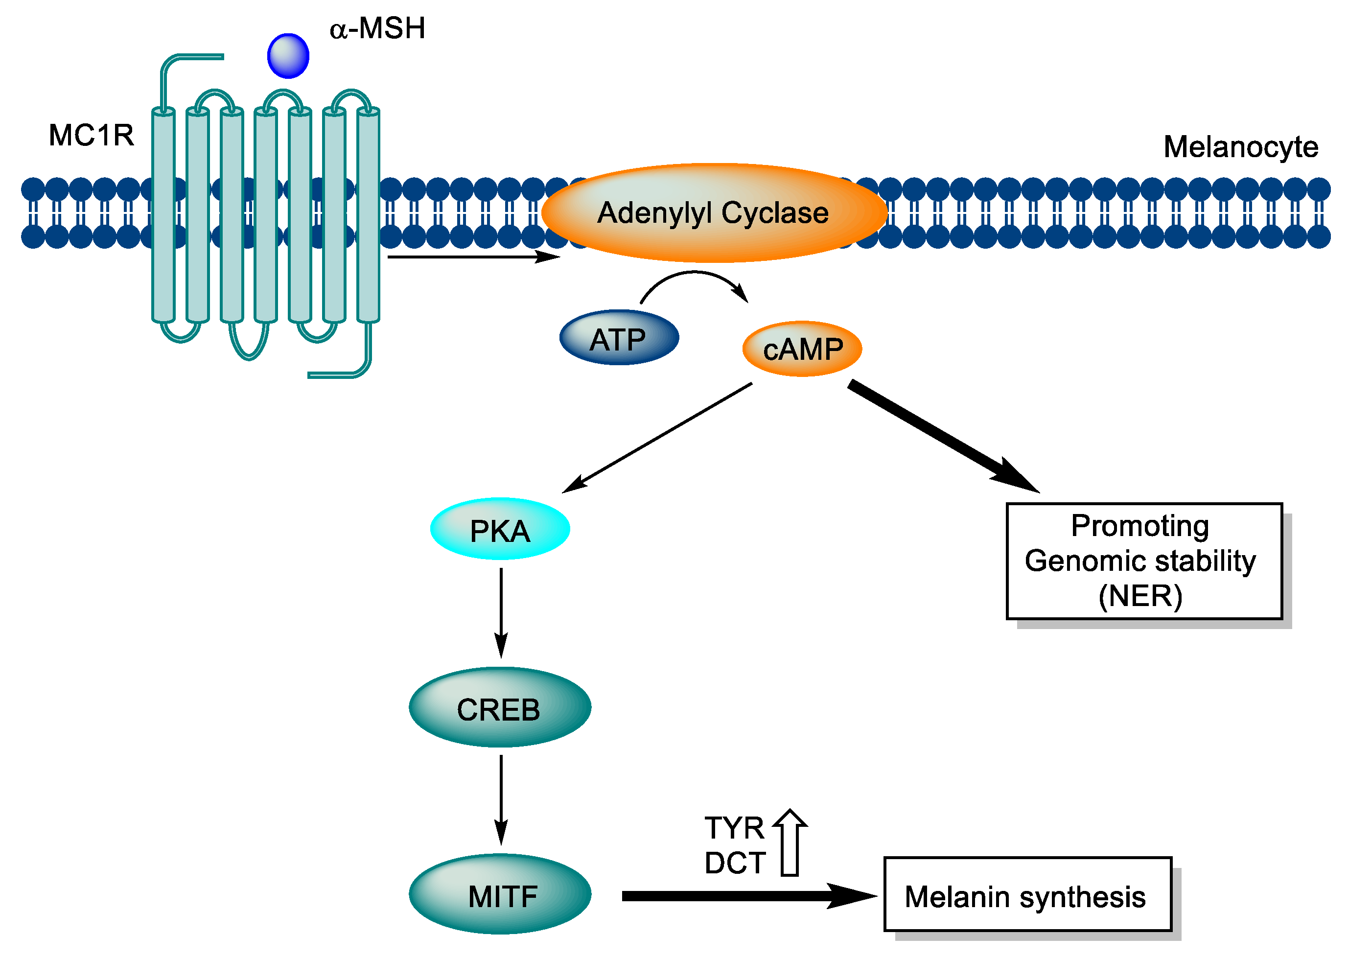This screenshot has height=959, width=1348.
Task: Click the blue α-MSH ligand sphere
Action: (x=288, y=56)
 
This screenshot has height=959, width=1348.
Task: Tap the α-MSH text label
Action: (x=377, y=28)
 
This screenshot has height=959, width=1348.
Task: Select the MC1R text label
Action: (x=91, y=135)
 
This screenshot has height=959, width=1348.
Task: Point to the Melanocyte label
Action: (x=1240, y=147)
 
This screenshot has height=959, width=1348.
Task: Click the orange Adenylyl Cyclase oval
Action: (x=713, y=212)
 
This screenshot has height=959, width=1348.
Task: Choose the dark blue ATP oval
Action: (x=619, y=338)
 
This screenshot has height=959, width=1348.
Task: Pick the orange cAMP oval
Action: (x=802, y=349)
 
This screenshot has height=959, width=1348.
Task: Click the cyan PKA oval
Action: (x=500, y=529)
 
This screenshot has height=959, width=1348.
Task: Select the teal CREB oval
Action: (x=500, y=707)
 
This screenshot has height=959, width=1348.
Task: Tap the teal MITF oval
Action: (x=500, y=894)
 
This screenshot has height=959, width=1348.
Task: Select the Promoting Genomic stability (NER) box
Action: (x=1144, y=561)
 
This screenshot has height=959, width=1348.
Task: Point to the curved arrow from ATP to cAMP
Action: (x=694, y=275)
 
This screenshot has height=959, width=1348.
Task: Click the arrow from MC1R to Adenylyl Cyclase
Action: (x=472, y=257)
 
